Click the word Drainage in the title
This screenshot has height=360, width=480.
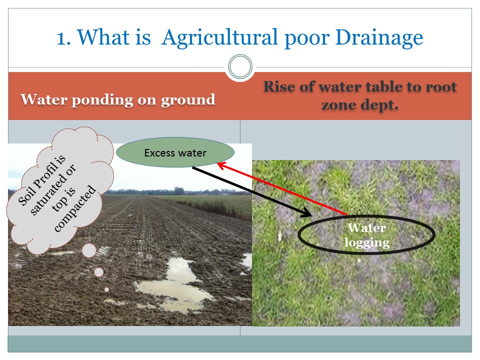379,37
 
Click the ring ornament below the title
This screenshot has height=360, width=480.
240,66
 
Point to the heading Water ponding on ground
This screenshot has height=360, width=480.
118,100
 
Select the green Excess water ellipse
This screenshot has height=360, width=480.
175,152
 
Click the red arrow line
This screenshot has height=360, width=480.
282,188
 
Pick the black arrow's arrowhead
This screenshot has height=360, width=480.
307,213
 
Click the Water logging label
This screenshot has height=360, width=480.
366,235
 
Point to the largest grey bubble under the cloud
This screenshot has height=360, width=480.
89,250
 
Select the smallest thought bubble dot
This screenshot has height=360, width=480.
106,289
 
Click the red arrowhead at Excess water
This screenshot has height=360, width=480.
221,165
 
